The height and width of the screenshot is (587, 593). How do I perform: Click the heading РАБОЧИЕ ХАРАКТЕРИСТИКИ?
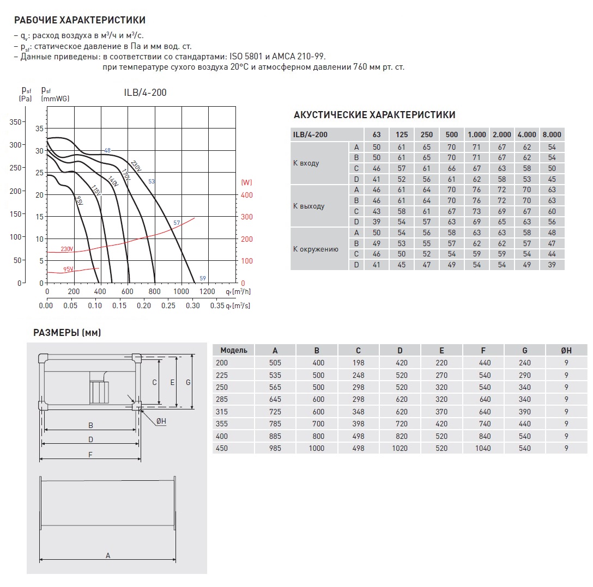click(x=80, y=21)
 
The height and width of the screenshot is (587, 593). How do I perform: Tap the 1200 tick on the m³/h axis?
click(x=208, y=292)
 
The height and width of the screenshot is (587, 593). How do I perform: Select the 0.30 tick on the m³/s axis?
click(x=193, y=306)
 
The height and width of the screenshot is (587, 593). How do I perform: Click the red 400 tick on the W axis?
click(x=247, y=194)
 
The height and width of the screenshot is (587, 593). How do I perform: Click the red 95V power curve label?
click(x=68, y=270)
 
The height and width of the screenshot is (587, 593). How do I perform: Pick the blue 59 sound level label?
click(x=203, y=278)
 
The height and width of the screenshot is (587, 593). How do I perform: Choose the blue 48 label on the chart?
click(x=107, y=150)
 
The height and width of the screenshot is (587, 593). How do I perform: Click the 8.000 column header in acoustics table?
click(x=552, y=134)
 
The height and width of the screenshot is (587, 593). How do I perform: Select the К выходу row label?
click(x=308, y=206)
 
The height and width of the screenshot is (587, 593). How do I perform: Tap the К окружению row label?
click(x=316, y=249)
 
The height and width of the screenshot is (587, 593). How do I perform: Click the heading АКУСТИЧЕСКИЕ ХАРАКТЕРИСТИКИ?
click(x=374, y=115)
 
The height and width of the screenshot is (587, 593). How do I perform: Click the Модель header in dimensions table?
click(x=233, y=350)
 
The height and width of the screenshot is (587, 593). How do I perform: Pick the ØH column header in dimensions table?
click(x=566, y=350)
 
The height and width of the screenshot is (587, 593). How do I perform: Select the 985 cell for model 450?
click(x=275, y=448)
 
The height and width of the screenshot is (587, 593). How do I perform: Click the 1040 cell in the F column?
click(x=483, y=448)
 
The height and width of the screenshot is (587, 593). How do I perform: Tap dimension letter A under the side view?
click(x=108, y=555)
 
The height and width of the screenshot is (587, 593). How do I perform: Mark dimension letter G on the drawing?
click(x=187, y=382)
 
